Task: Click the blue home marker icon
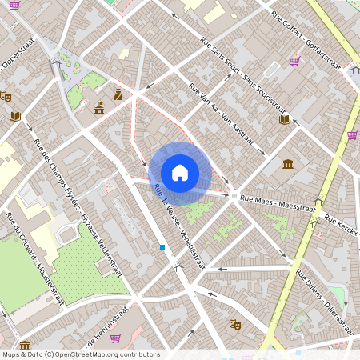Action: [180, 173]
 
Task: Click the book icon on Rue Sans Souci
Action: [284, 119]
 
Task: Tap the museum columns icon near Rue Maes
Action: [288, 165]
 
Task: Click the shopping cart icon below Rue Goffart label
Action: [294, 60]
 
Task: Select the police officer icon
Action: [118, 94]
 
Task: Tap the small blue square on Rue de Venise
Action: [162, 247]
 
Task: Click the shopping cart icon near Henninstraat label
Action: [115, 338]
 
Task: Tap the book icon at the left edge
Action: [14, 116]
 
